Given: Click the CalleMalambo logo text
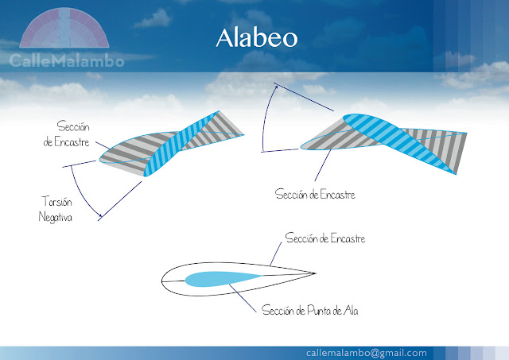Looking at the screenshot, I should [x=67, y=61].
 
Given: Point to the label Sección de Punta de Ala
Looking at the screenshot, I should [x=310, y=310].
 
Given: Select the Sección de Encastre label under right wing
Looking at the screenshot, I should [x=314, y=194].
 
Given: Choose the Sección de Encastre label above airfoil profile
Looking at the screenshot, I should [x=325, y=238].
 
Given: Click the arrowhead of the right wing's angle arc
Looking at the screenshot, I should [x=276, y=87].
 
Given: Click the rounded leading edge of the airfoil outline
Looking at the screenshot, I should [x=163, y=279].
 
